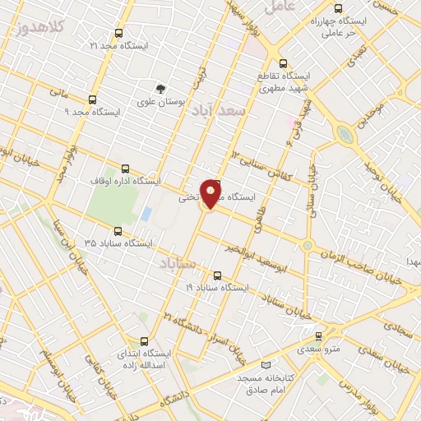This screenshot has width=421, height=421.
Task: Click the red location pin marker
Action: point(212,192)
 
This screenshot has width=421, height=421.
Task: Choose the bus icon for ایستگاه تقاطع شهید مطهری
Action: point(284,62)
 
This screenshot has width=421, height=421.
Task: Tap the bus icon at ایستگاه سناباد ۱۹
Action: point(217,276)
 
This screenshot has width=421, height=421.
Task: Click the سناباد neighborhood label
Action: point(175,264)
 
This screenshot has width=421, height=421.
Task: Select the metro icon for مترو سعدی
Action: point(319,335)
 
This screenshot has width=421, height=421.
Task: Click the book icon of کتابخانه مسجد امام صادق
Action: point(264,364)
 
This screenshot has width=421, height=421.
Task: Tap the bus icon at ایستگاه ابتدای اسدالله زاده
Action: point(145,341)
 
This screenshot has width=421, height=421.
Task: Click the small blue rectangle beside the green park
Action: point(146,214)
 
